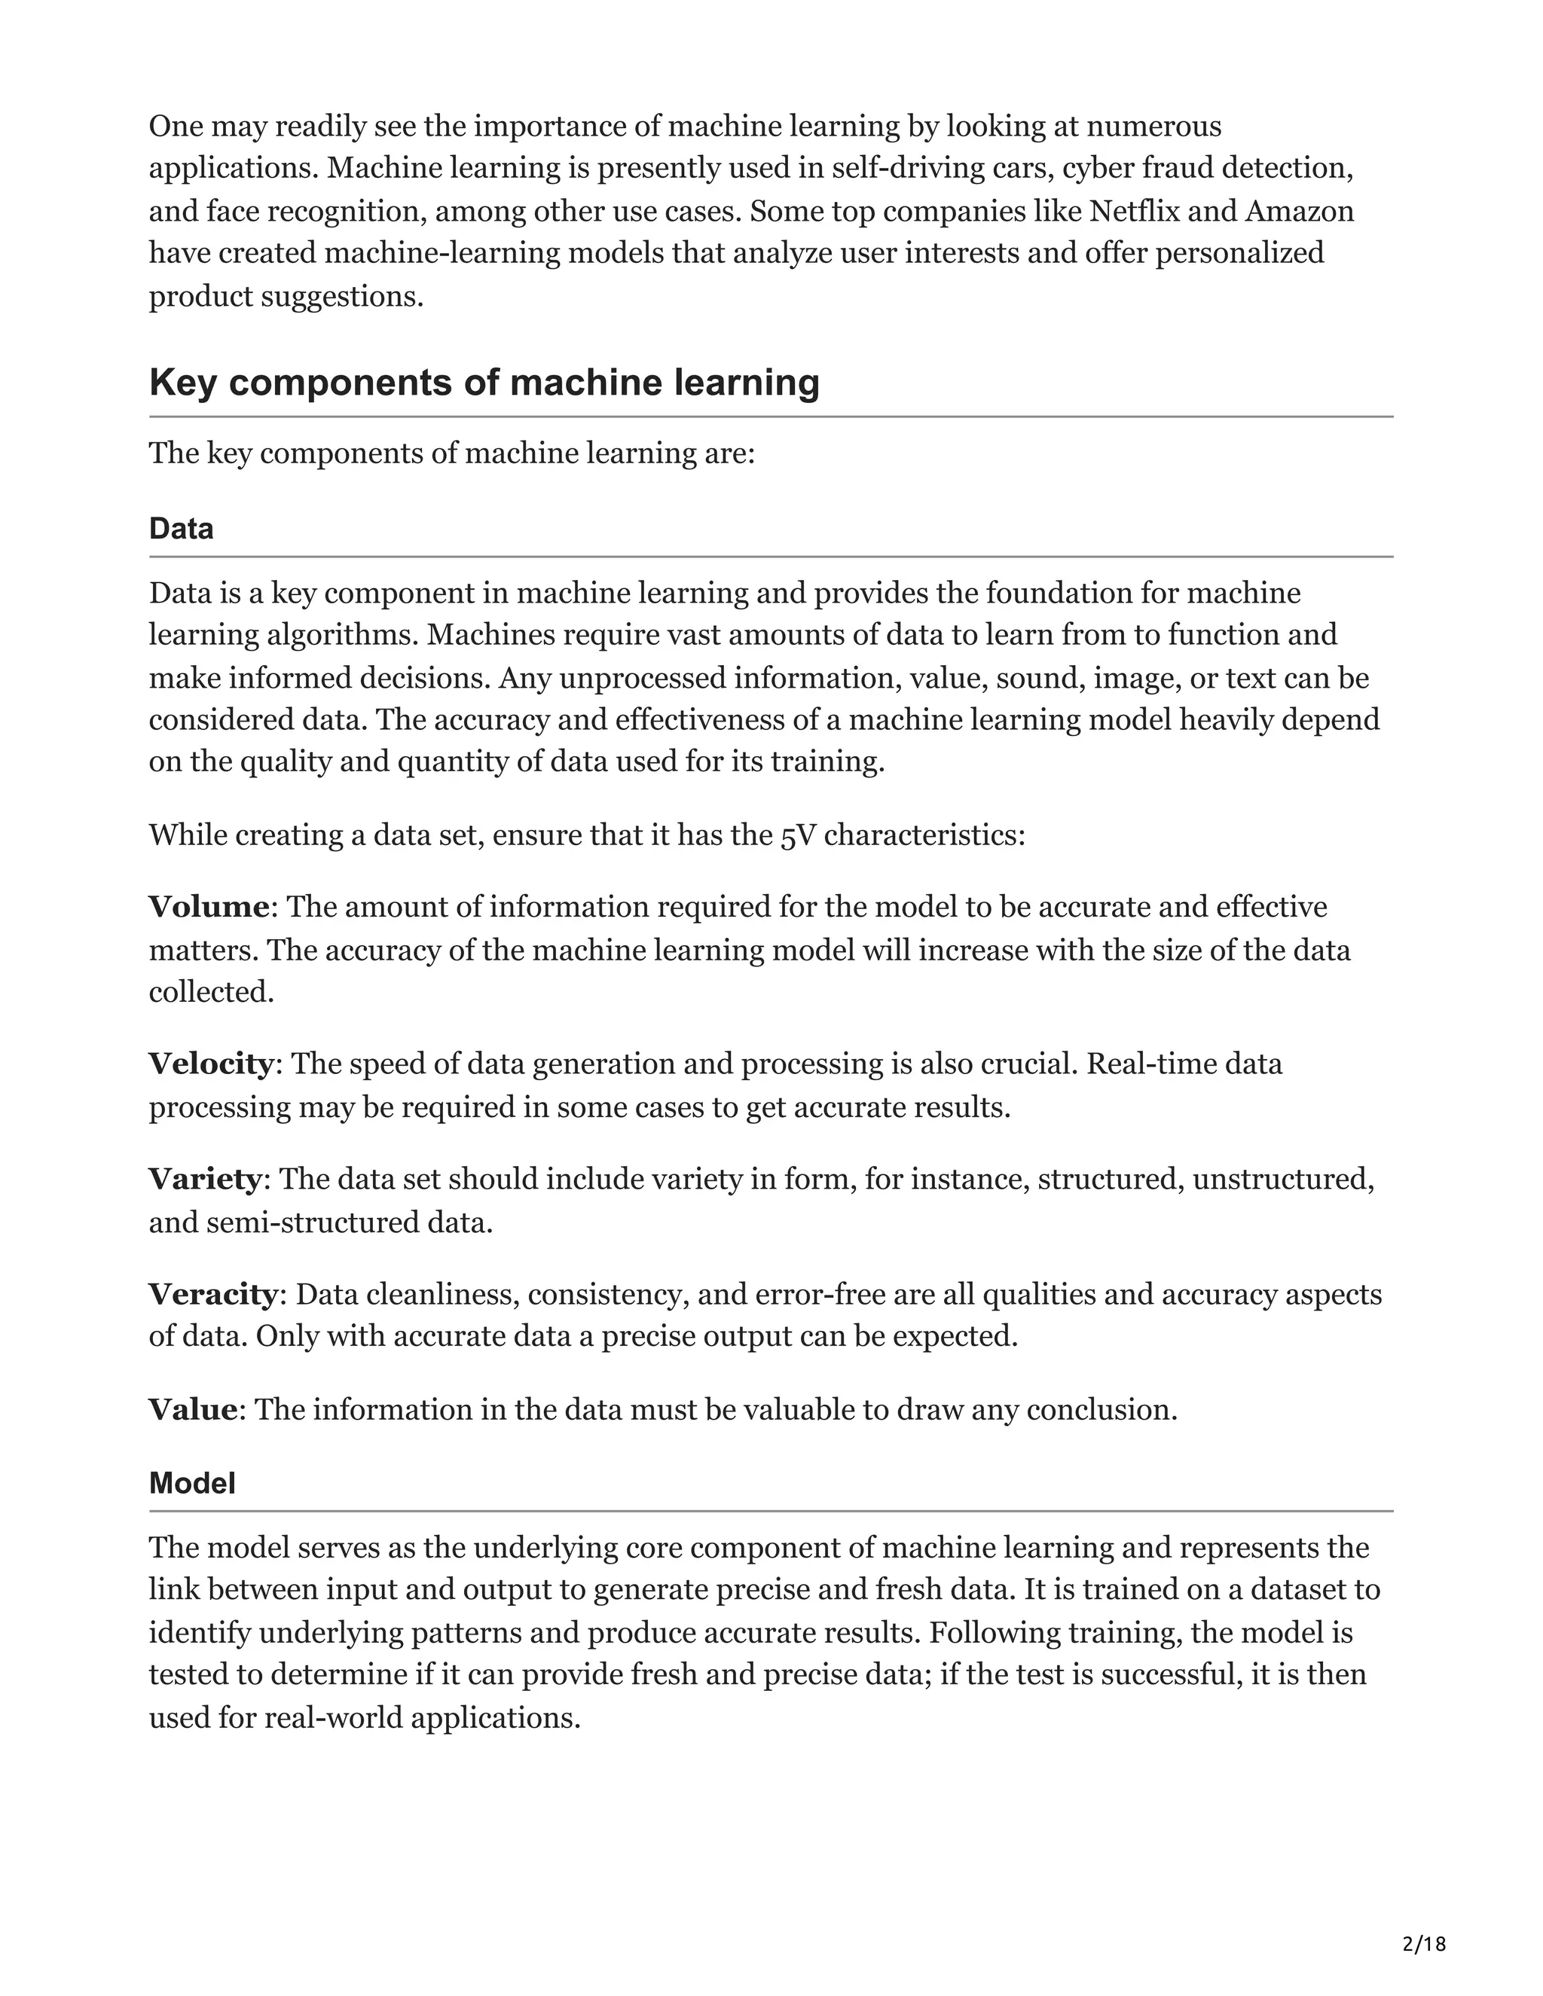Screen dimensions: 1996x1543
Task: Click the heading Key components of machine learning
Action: point(484,382)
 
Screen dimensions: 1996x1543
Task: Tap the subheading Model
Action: point(192,1483)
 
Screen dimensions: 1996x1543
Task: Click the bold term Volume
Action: point(209,908)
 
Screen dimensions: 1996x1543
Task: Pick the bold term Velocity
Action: point(210,1064)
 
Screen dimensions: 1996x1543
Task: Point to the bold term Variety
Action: point(205,1179)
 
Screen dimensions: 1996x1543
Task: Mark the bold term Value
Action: point(193,1409)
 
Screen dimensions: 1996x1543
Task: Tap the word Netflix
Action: point(1133,211)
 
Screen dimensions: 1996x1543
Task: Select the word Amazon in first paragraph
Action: point(1299,211)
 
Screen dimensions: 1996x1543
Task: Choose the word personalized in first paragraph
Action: point(1239,252)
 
